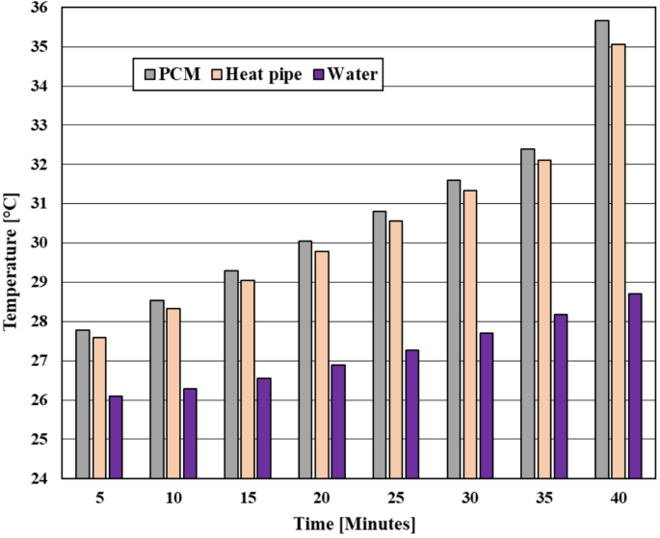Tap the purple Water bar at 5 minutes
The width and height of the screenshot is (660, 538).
click(115, 437)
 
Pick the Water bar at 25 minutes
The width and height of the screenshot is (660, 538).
click(412, 414)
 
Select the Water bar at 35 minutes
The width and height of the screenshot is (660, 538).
click(561, 396)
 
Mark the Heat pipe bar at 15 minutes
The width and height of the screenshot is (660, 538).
click(248, 379)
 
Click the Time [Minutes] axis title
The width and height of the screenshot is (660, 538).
click(356, 524)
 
